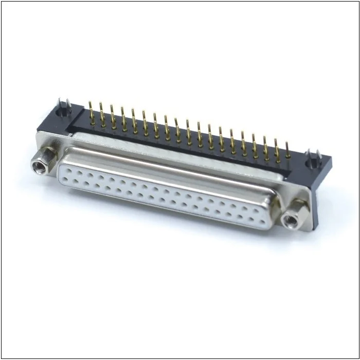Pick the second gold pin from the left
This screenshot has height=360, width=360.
[101, 114]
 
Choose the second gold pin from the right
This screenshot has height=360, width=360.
[277, 149]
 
